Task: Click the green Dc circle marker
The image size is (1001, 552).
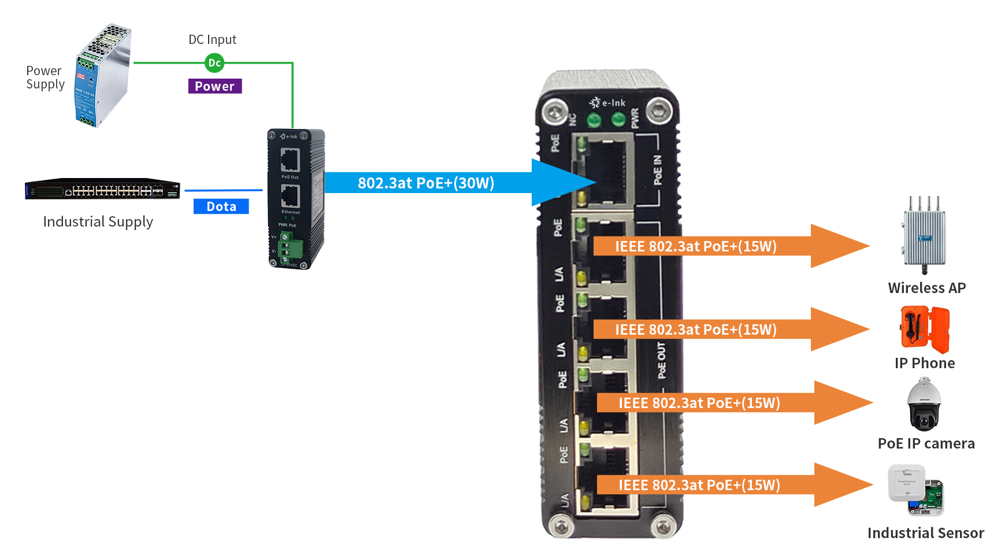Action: pyautogui.click(x=214, y=62)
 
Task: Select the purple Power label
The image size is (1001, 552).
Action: pyautogui.click(x=214, y=86)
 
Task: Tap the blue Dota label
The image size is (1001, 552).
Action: pyautogui.click(x=221, y=206)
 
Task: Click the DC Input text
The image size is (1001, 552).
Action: pyautogui.click(x=212, y=39)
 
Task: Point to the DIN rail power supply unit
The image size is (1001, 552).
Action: pyautogui.click(x=103, y=75)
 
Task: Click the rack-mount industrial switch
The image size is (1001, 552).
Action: pyautogui.click(x=102, y=189)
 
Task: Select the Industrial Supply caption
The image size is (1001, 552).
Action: pyautogui.click(x=98, y=221)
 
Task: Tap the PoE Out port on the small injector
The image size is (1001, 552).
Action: pyautogui.click(x=290, y=160)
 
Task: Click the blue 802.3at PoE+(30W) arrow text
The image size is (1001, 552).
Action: pyautogui.click(x=426, y=183)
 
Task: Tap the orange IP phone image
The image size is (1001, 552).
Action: pyautogui.click(x=925, y=329)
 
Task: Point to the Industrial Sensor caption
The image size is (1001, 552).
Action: pyautogui.click(x=925, y=533)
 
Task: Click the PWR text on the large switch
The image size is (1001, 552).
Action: pyautogui.click(x=635, y=117)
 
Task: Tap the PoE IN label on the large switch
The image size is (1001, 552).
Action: pyautogui.click(x=658, y=170)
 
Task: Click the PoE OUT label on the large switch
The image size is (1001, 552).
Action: pyautogui.click(x=662, y=360)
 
